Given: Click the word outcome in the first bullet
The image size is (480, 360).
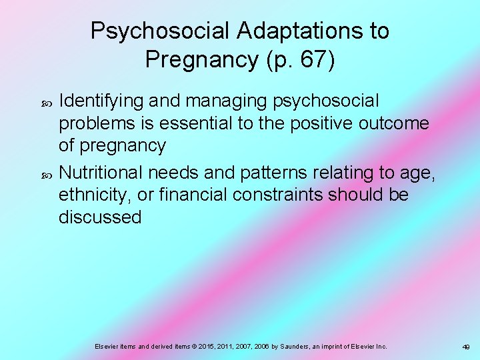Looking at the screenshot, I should pyautogui.click(x=401, y=123).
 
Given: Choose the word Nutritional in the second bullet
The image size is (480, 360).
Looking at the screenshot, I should pyautogui.click(x=100, y=173).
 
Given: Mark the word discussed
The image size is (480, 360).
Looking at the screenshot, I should pyautogui.click(x=100, y=217).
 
